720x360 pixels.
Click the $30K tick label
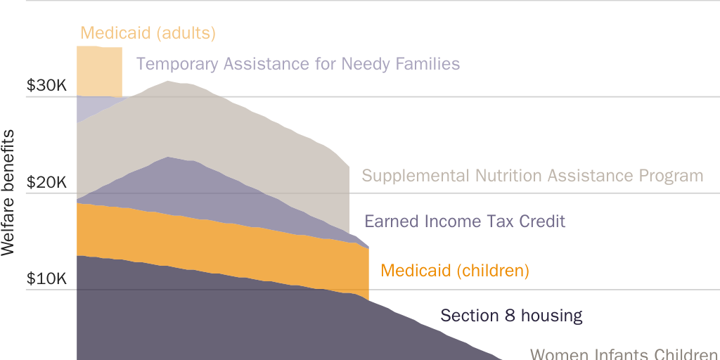[46, 86]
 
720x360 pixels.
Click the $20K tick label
[46, 183]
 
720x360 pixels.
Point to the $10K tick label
[46, 278]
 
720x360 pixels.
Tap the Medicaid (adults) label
[148, 33]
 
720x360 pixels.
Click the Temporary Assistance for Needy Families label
[298, 64]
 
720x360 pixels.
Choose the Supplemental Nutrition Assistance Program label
[532, 176]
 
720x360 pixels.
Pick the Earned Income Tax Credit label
[465, 221]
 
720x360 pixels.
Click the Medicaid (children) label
[454, 271]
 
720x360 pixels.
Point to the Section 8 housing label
[511, 316]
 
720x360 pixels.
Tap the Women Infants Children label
[624, 354]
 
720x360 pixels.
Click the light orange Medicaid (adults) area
[99, 70]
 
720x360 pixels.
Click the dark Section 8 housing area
[211, 316]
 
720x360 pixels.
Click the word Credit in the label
[542, 221]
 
